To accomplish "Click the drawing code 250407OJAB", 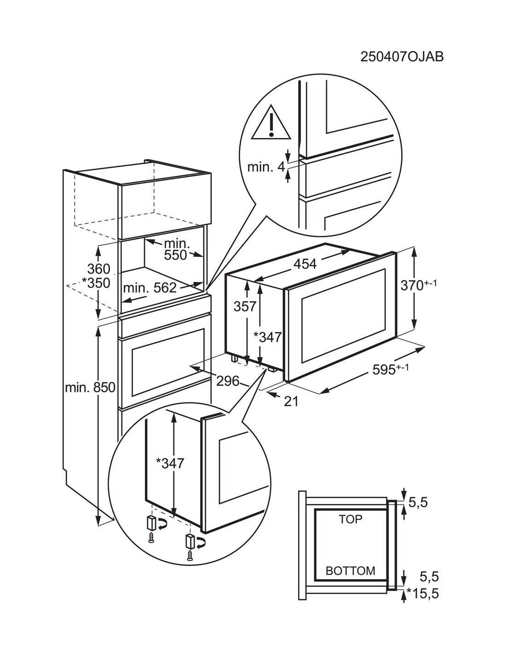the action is pyautogui.click(x=402, y=57).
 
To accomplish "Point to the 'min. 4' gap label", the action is pyautogui.click(x=266, y=167).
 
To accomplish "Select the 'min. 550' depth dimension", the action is pyautogui.click(x=175, y=249).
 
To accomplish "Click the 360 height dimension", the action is pyautogui.click(x=99, y=269).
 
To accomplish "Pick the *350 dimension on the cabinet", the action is pyautogui.click(x=96, y=283).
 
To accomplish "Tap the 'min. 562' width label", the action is pyautogui.click(x=149, y=288).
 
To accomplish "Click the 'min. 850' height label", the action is pyautogui.click(x=90, y=388).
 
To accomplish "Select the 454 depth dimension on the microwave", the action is pyautogui.click(x=305, y=264).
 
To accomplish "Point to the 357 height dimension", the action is pyautogui.click(x=245, y=306).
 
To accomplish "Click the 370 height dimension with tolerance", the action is pyautogui.click(x=419, y=285).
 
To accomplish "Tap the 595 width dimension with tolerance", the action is pyautogui.click(x=391, y=369).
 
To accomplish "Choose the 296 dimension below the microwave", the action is pyautogui.click(x=228, y=381).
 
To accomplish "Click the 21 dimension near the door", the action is pyautogui.click(x=291, y=401).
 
